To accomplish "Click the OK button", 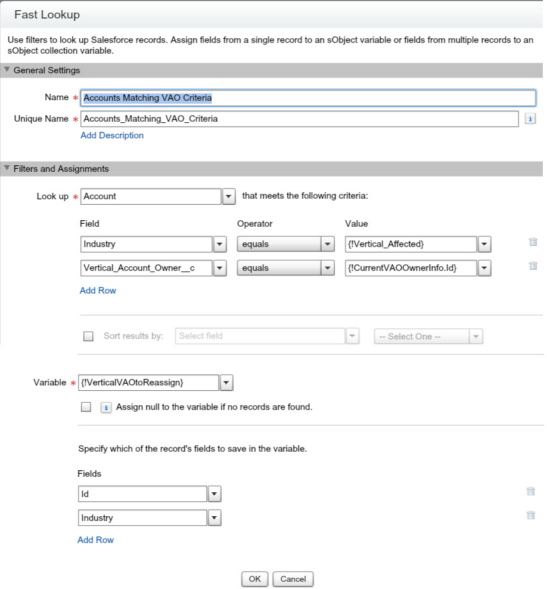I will pos(254,579).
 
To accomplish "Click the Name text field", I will pos(308,98).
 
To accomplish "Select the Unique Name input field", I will pos(299,119).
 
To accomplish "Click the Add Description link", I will pos(112,135).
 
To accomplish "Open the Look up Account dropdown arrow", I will pos(229,196).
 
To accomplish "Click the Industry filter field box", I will pos(146,244).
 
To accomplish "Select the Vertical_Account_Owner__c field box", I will pos(146,269).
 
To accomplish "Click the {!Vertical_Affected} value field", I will pos(411,244).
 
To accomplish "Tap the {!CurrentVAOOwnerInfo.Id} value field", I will pos(411,269).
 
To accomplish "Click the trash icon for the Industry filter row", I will pos(533,242).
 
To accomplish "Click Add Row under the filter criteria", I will pos(98,291).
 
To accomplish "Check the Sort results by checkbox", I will pos(89,336).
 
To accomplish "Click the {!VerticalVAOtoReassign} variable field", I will pos(148,383).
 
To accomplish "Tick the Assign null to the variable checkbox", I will pos(86,407).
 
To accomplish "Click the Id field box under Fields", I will pos(142,494).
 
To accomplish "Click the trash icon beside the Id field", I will pos(530,492).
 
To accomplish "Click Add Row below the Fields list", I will pos(95,540).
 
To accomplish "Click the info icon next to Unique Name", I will pos(530,119).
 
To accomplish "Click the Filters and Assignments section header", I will pos(61,169).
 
